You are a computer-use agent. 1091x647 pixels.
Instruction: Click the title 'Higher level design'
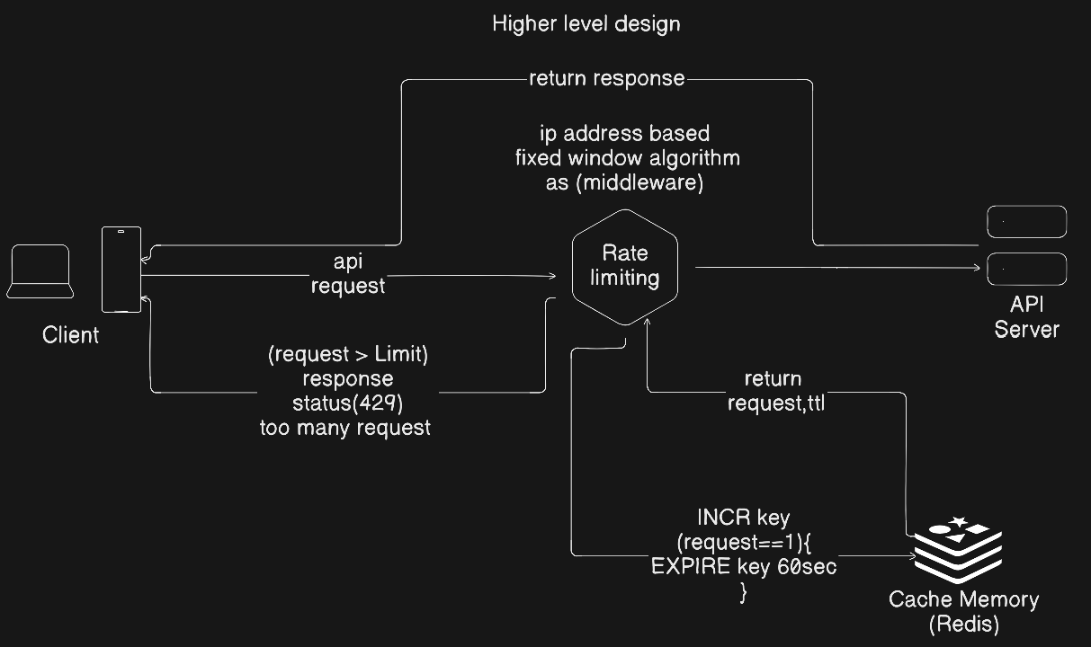[586, 24]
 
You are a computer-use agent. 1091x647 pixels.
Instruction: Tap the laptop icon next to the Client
[40, 271]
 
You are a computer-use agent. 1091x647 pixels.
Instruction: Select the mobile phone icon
[121, 270]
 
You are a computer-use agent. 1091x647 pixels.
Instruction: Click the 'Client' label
[70, 335]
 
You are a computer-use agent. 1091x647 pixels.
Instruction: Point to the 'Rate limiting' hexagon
[624, 267]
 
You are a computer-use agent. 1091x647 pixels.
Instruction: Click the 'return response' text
[606, 78]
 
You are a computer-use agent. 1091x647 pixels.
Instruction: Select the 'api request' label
[347, 273]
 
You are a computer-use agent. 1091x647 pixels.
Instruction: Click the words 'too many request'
[345, 428]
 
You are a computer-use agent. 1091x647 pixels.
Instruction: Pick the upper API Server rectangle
[1026, 221]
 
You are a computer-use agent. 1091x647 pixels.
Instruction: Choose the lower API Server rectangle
[1026, 268]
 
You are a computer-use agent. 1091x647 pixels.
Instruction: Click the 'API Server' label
[1026, 317]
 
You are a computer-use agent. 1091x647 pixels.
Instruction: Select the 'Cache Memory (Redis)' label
[963, 611]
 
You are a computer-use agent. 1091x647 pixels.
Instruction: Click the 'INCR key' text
[743, 518]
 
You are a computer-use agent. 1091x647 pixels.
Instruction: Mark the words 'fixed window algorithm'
[627, 158]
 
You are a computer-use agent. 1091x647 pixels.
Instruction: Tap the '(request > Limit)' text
[348, 355]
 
